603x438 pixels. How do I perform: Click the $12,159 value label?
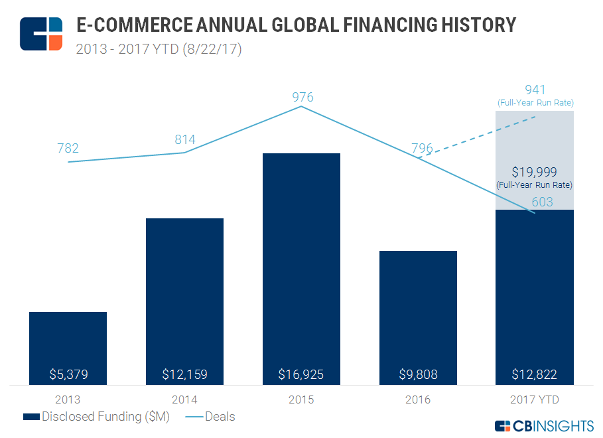coord(184,374)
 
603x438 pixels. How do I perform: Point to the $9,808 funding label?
coord(418,374)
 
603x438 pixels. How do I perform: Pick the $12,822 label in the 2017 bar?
coord(534,374)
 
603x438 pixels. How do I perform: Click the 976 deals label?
coord(302,98)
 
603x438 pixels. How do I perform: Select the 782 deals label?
coord(68,148)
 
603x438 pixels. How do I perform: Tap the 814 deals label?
coord(185,139)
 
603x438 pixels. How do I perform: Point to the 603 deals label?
coord(543,202)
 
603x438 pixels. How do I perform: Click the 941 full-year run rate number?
coord(535,90)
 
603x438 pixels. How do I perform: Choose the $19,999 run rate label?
coord(534,172)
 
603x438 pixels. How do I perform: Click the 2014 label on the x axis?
coord(184,400)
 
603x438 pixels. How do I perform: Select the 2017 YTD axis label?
coord(534,400)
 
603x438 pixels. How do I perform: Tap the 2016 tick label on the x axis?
coord(418,400)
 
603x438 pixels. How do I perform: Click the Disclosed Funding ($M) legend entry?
coord(97,417)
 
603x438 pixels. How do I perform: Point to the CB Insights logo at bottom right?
coord(545,425)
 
